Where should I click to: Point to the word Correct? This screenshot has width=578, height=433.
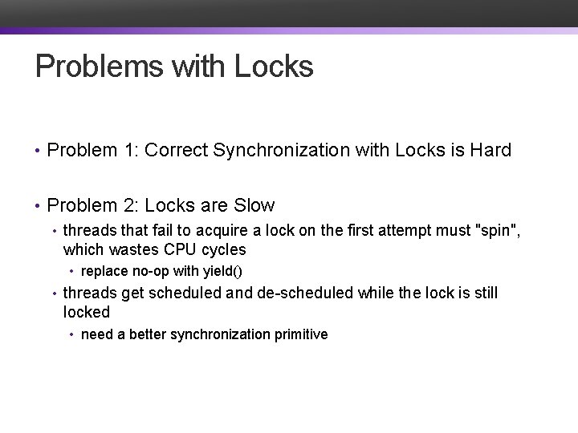(x=173, y=150)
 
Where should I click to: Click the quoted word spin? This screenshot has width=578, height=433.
(x=498, y=231)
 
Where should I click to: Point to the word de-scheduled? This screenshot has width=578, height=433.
(x=306, y=293)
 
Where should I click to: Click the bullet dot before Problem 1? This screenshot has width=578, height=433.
(x=38, y=151)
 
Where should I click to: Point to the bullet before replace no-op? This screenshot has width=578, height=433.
(x=72, y=273)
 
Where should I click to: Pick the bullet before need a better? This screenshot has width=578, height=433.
(x=72, y=335)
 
